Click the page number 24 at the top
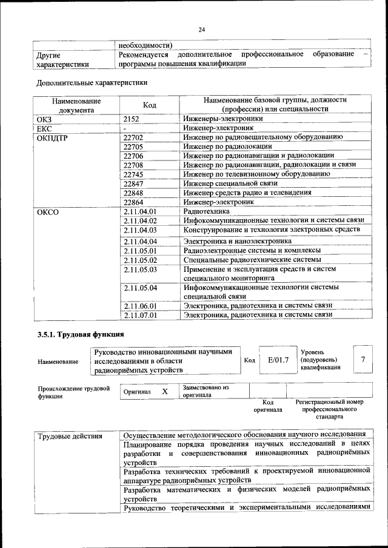[x=202, y=30]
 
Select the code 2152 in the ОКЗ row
[x=132, y=119]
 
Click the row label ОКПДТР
[x=54, y=138]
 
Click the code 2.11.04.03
[x=140, y=230]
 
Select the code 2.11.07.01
[x=140, y=315]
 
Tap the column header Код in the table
[x=149, y=105]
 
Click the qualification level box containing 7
[x=363, y=360]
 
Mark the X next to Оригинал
[x=164, y=391]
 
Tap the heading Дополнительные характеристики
[x=92, y=82]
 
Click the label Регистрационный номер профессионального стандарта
[x=329, y=409]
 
